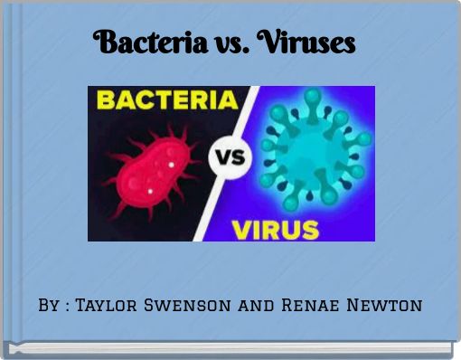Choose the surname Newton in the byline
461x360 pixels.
[387, 306]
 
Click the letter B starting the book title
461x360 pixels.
[103, 42]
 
